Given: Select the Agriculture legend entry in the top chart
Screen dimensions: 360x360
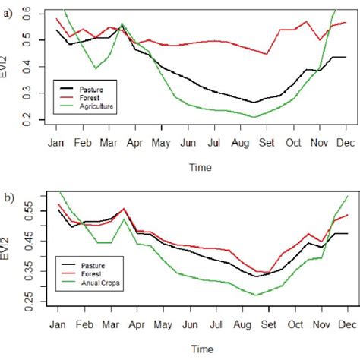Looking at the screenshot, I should point(92,108).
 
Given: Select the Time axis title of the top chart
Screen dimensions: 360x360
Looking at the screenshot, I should point(201,166).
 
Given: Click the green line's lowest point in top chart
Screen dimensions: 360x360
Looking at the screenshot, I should point(254,117).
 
